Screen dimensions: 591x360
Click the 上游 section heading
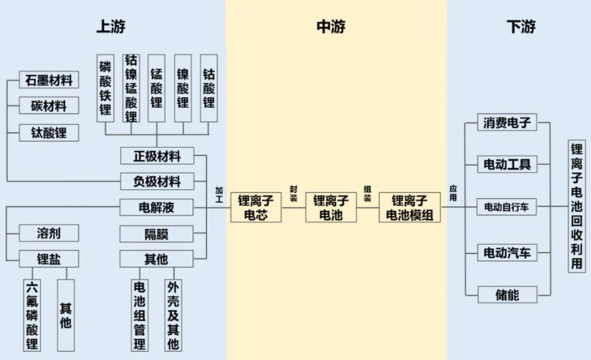pos(111,27)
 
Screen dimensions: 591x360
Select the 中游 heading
pos(331,27)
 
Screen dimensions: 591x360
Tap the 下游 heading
pos(521,27)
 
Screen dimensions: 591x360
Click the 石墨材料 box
pos(49,80)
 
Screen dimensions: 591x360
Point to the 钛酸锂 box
pos(49,133)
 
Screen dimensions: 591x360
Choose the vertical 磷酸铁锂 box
pos(106,88)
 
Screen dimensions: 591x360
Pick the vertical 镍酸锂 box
pos(183,88)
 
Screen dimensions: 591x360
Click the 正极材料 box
pos(157,156)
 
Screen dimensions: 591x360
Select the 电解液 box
pos(156,207)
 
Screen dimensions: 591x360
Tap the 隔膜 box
pos(156,234)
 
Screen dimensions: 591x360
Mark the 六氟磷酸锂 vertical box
pos(32,315)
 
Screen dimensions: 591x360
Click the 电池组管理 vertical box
pos(140,315)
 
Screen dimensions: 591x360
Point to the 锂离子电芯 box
pos(256,208)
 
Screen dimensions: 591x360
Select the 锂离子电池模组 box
pos(410,208)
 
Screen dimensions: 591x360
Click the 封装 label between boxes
pos(294,194)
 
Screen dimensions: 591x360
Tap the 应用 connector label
pos(453,193)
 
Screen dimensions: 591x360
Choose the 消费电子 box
pos(507,122)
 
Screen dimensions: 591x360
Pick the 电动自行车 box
pos(507,206)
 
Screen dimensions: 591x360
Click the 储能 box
pos(507,294)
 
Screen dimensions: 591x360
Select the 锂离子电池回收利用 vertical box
pos(577,206)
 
